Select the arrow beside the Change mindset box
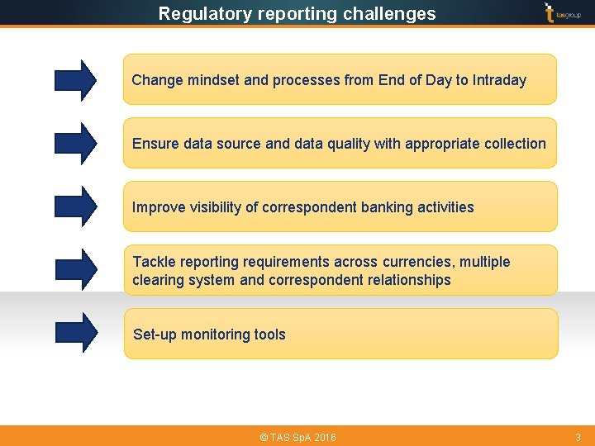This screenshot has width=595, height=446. (75, 80)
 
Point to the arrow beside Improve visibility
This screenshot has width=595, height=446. (75, 206)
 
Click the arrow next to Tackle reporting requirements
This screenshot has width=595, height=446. (75, 270)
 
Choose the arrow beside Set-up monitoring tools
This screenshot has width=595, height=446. (75, 332)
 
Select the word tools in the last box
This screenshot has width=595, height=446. (269, 334)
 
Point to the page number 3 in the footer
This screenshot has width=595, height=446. (578, 437)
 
